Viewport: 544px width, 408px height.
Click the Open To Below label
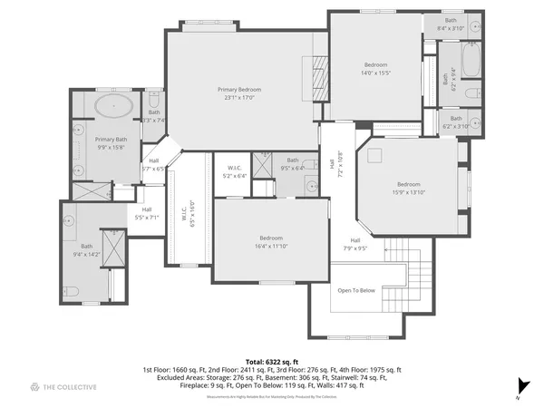tap(356, 291)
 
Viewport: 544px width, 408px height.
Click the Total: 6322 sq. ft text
tap(271, 361)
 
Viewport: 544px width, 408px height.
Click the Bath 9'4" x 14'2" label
tap(87, 250)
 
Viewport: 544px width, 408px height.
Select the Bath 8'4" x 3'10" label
tap(451, 24)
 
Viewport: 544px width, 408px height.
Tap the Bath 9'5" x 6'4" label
tap(292, 164)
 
